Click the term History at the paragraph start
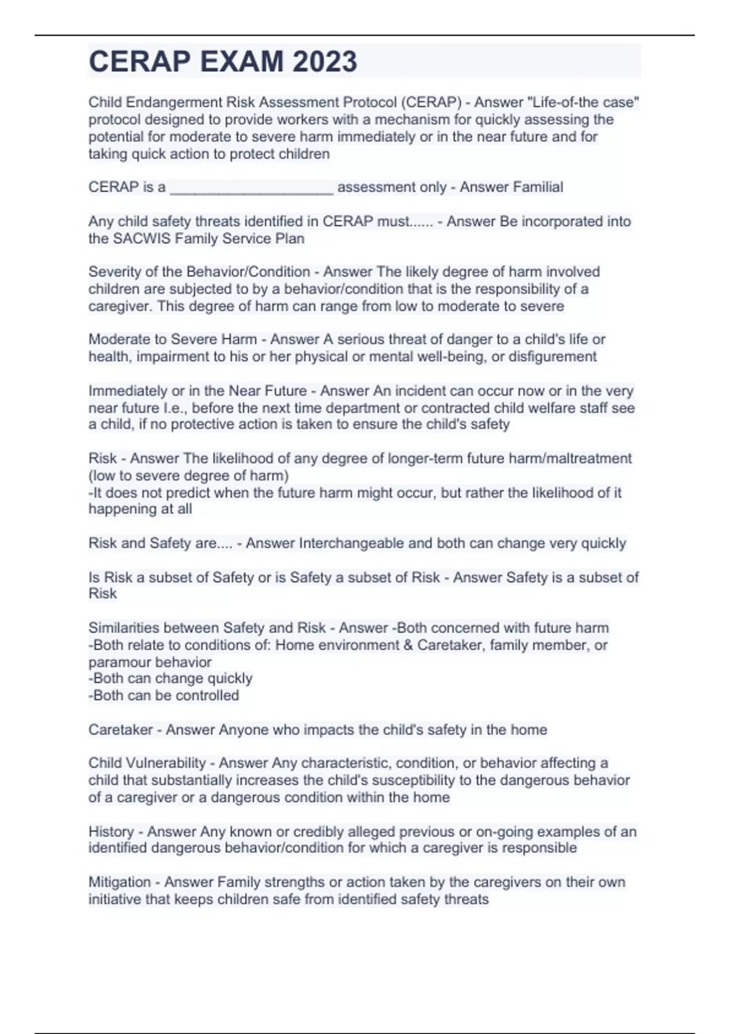111,831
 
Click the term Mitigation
119,883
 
